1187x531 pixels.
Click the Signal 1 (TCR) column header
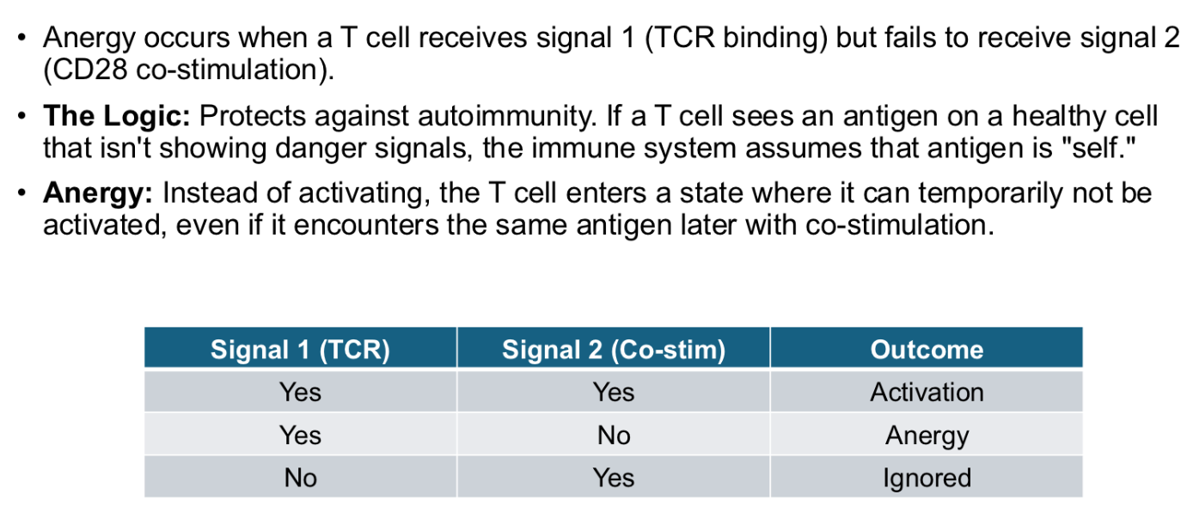click(300, 350)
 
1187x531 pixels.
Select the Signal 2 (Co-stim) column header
click(613, 350)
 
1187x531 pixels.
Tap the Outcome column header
click(926, 350)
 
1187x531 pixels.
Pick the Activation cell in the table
click(926, 392)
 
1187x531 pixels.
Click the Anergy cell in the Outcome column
click(926, 436)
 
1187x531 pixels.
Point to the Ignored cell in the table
click(926, 478)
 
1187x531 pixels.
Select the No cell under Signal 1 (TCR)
click(300, 478)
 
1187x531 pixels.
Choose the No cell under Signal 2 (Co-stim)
click(613, 436)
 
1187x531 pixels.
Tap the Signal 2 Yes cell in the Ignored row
click(613, 478)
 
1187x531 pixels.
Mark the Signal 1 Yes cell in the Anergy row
click(300, 436)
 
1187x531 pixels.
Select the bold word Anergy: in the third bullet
click(97, 192)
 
